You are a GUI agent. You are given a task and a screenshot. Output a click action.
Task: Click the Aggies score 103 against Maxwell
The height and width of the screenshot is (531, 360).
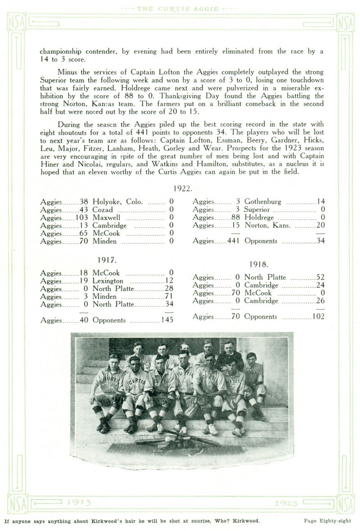(x=82, y=218)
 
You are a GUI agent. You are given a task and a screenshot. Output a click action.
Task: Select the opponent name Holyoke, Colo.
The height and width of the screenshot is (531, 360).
(x=117, y=202)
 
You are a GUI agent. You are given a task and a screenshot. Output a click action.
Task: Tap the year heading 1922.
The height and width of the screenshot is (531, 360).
(x=183, y=189)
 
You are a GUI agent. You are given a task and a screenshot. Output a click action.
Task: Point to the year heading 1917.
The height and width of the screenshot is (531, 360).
(x=107, y=260)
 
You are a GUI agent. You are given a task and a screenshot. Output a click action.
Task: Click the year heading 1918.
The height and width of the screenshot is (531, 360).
(x=259, y=264)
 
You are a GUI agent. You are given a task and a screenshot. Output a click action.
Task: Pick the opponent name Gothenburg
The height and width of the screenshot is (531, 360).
(x=263, y=202)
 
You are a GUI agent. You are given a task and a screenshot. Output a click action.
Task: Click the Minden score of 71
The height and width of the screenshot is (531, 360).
(x=169, y=296)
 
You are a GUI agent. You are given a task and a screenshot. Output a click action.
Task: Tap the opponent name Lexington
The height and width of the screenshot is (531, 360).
(x=108, y=281)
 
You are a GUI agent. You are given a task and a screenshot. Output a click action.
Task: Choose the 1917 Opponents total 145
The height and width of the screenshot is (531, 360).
(x=167, y=320)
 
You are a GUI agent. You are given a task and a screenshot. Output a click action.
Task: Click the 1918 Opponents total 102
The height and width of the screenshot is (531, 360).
(x=318, y=317)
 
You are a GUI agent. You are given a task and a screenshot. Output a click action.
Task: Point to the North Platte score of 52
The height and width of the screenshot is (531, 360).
(x=320, y=277)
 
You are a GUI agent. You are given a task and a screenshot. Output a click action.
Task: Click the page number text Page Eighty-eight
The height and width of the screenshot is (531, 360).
(x=327, y=521)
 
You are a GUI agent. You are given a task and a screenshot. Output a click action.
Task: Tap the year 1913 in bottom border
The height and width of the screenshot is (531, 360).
(x=78, y=503)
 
